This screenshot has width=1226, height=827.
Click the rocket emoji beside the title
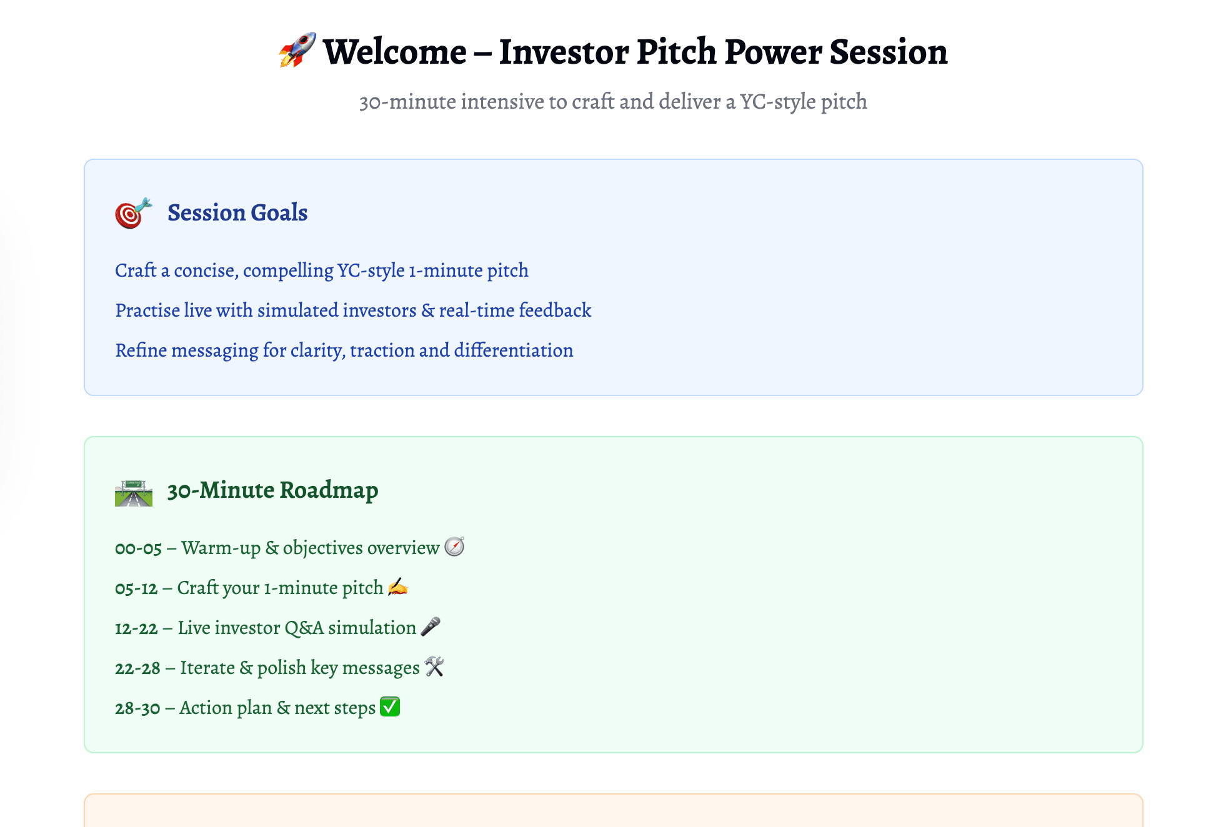(297, 50)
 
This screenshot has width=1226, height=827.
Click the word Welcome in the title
(395, 52)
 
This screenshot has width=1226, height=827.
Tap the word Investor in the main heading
(563, 52)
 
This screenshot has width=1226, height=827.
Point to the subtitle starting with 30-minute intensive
(613, 101)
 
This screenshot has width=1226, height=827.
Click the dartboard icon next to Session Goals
(133, 213)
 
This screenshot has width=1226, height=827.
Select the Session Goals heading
(237, 213)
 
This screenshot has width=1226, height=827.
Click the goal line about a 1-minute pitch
(322, 270)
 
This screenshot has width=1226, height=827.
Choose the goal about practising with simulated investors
(353, 310)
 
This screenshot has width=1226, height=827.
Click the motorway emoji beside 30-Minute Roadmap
(134, 492)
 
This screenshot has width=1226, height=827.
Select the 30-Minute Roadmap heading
(272, 490)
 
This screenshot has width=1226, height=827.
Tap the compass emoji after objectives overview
(454, 547)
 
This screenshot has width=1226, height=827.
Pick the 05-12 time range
(136, 588)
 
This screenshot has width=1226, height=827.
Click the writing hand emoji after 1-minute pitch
(397, 587)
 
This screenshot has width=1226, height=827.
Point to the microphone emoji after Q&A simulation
(431, 626)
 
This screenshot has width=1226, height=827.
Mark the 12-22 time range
(136, 628)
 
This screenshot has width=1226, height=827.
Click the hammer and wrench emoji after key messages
(434, 666)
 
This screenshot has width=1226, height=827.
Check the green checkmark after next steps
(390, 706)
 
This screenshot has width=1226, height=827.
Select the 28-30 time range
(137, 708)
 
